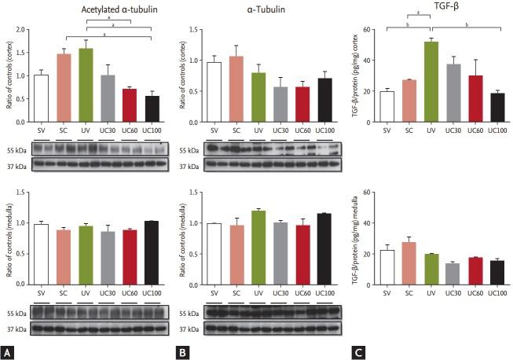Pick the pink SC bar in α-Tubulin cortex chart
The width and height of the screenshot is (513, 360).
(236, 95)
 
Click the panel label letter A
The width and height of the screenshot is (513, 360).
(8, 351)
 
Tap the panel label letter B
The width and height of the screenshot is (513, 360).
(181, 351)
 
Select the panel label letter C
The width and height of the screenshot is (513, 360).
(357, 351)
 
